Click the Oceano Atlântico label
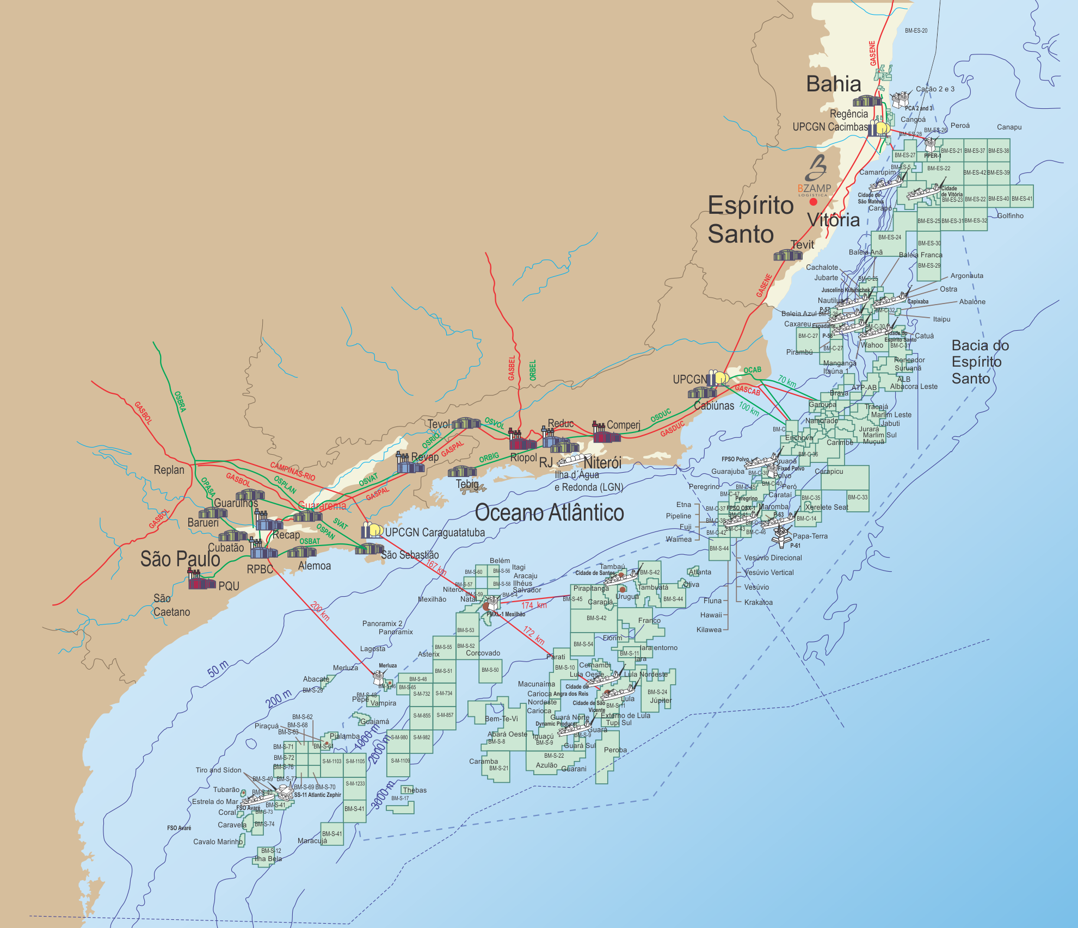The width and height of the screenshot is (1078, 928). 549,513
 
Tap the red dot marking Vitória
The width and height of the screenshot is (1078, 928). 813,202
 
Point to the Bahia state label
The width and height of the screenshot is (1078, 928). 833,84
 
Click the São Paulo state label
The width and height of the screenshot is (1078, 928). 180,559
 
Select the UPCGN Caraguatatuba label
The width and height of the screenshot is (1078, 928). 434,533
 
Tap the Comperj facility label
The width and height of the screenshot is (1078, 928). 623,425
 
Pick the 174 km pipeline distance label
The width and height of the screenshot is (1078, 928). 534,605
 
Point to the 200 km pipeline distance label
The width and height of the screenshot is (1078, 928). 320,611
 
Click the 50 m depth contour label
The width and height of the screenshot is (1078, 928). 218,669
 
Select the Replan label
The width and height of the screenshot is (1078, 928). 169,470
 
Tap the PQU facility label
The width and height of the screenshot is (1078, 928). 229,586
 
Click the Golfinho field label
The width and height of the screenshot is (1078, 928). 1010,216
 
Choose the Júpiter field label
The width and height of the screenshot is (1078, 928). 661,701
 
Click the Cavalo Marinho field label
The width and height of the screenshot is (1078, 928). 218,842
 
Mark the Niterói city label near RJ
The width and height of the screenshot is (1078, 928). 602,463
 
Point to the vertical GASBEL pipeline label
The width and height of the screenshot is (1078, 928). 512,368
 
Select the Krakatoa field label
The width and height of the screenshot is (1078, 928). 758,603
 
